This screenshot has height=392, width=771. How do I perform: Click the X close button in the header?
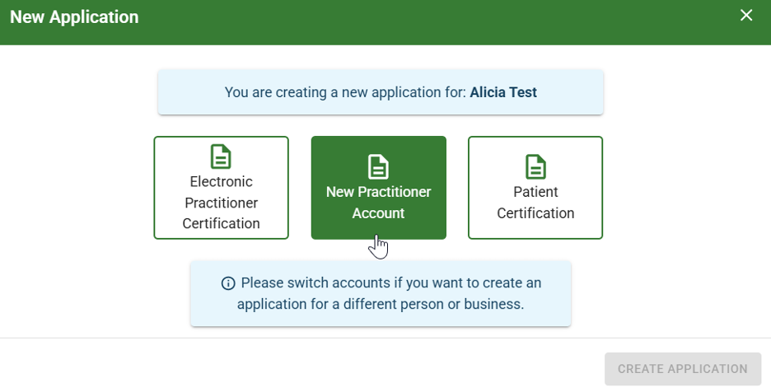tap(746, 16)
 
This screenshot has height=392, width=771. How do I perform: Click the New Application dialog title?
tap(74, 16)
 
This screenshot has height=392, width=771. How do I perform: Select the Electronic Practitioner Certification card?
tap(221, 188)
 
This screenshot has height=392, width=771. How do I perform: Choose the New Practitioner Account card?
tap(378, 188)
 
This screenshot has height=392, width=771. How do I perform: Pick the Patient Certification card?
tap(535, 188)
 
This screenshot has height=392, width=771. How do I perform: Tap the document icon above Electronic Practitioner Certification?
tap(221, 156)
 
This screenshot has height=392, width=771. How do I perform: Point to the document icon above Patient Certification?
tap(535, 166)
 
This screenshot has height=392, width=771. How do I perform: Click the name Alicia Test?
tap(503, 92)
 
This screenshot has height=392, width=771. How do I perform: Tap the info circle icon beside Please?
tap(228, 283)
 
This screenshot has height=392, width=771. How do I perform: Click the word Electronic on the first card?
tap(221, 181)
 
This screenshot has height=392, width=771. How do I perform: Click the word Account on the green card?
tap(378, 213)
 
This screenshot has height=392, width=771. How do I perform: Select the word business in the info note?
tap(493, 304)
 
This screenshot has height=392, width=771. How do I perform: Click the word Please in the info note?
tap(262, 283)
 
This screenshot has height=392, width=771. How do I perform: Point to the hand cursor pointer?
tap(379, 246)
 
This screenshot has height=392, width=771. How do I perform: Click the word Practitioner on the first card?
tap(221, 203)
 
